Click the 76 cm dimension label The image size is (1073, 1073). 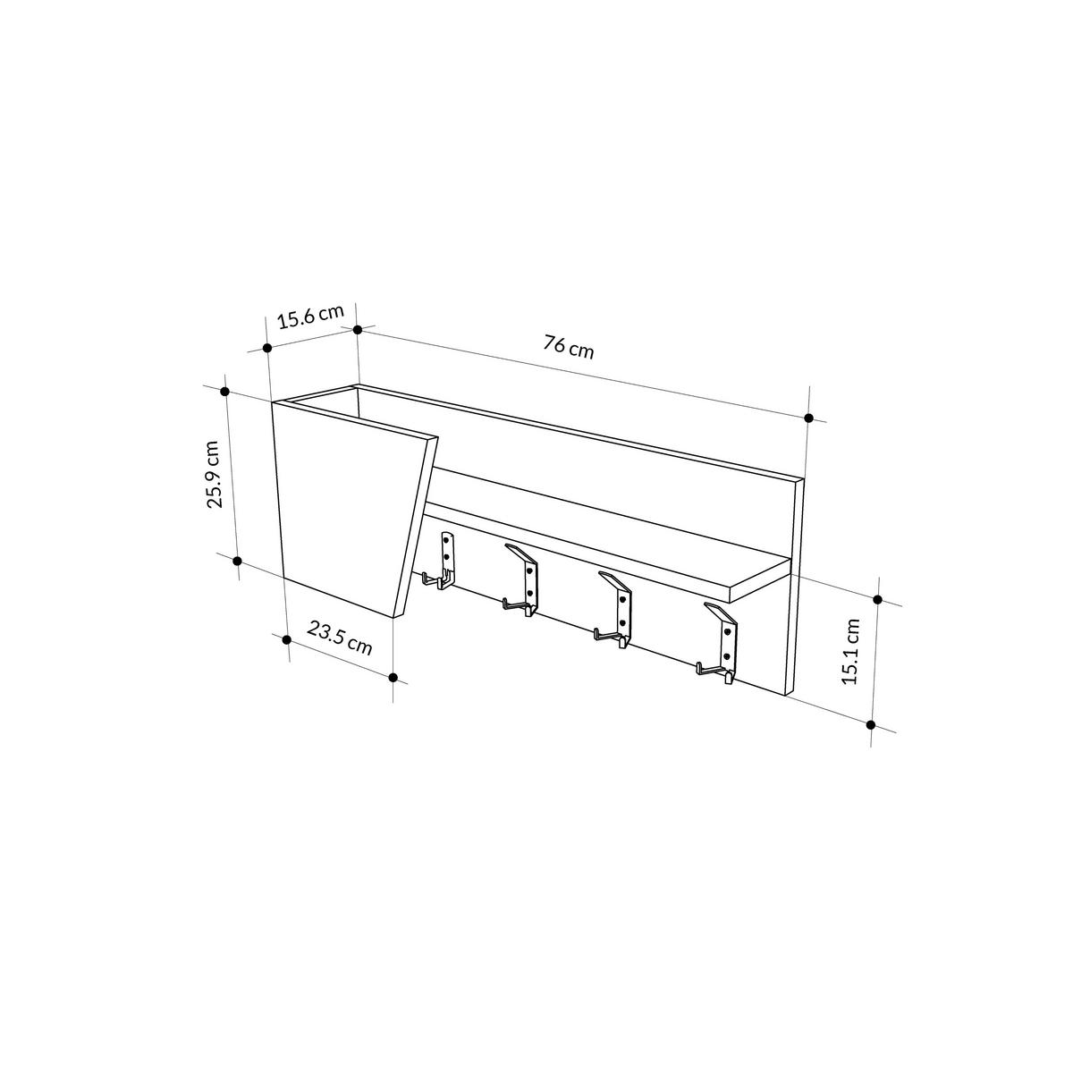tap(568, 346)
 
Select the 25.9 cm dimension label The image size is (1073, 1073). tap(213, 474)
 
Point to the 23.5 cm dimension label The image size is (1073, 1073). tap(340, 638)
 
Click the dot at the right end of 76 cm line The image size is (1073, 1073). tap(809, 418)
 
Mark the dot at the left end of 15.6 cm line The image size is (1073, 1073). tap(266, 347)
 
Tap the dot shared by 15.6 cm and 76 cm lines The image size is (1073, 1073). tap(358, 329)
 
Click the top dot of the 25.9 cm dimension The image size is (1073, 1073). tap(225, 392)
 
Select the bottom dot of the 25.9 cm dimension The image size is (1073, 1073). tap(237, 561)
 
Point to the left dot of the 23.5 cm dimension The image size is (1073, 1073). tap(287, 639)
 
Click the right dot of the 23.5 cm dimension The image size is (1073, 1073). tap(393, 677)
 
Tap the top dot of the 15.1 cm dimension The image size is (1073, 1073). tap(877, 600)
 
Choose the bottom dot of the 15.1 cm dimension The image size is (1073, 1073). tap(873, 723)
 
